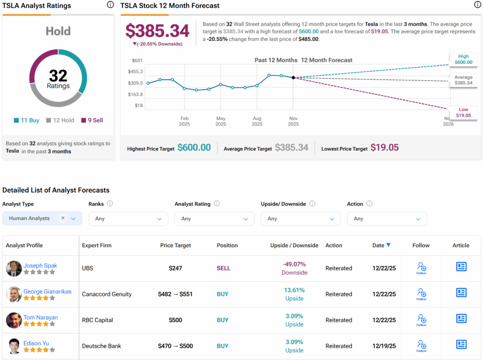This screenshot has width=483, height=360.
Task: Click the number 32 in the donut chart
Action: [x=58, y=76]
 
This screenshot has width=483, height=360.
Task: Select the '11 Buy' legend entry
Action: [x=26, y=120]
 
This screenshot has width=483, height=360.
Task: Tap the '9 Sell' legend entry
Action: [x=92, y=120]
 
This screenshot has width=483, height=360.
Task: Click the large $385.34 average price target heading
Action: [x=157, y=31]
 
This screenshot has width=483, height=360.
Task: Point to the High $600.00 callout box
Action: [x=463, y=59]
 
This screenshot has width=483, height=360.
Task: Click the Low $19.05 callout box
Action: [x=463, y=112]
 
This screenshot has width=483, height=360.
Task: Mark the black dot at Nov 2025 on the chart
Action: [x=293, y=77]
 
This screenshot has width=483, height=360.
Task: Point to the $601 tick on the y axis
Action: [x=137, y=60]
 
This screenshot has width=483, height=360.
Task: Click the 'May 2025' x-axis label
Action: [x=221, y=121]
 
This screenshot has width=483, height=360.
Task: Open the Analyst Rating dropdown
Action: [x=214, y=219]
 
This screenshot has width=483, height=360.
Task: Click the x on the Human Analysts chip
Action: [x=63, y=218]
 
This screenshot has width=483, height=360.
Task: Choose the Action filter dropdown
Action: [x=387, y=219]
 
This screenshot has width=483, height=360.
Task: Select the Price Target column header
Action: [x=175, y=245]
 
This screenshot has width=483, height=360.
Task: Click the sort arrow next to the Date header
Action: [x=388, y=245]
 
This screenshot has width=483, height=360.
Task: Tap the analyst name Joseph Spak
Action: [x=40, y=265]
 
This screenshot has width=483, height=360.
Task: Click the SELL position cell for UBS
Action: [x=224, y=268]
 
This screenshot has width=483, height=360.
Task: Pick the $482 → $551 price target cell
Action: [x=175, y=294]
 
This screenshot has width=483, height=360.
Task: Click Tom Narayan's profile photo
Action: [x=14, y=320]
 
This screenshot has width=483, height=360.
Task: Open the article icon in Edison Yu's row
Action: [x=461, y=344]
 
